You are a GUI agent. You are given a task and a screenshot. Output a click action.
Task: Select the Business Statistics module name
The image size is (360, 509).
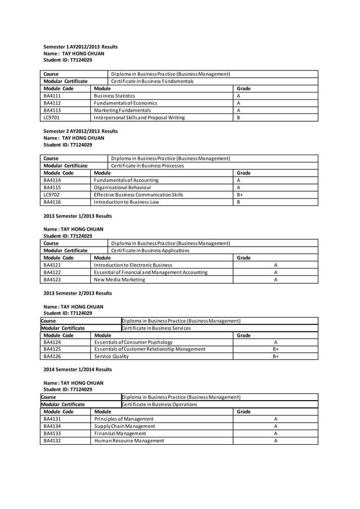tap(115, 96)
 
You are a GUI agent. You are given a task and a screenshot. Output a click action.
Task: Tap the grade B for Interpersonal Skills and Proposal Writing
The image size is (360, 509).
tap(239, 118)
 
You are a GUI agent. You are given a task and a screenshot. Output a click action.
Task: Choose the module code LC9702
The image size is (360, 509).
tap(52, 195)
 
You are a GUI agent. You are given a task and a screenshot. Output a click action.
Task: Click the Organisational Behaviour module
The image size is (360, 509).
tap(122, 187)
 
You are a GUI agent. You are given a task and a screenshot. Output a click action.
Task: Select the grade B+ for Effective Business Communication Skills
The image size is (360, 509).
tap(240, 195)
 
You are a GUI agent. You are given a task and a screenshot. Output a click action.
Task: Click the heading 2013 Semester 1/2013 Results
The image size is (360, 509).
tap(78, 216)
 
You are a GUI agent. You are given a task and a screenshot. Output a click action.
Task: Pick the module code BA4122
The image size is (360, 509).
tap(52, 272)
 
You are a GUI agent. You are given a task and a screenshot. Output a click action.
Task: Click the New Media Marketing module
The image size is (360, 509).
tap(119, 279)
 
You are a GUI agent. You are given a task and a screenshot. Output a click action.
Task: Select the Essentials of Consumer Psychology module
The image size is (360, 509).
tap(133, 342)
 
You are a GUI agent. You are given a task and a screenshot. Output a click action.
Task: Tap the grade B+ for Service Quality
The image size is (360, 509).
tap(276, 357)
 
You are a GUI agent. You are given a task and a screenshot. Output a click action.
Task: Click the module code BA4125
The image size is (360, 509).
tap(52, 349)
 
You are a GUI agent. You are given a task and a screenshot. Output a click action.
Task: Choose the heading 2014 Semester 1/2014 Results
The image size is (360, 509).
tap(78, 370)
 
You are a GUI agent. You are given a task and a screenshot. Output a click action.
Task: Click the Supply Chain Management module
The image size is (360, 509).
tap(124, 426)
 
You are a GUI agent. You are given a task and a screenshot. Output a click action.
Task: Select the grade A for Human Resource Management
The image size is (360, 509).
tap(275, 441)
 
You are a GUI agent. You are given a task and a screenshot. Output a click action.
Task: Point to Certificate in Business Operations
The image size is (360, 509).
tap(160, 405)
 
